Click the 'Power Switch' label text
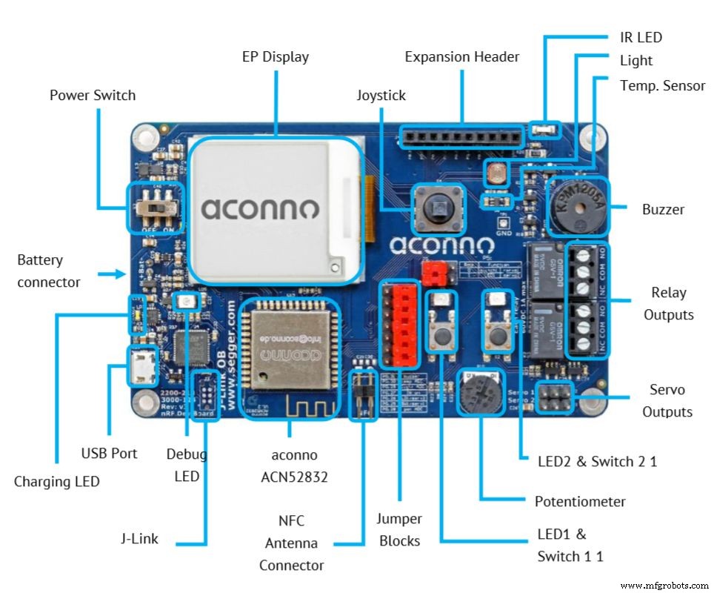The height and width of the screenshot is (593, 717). coord(93,96)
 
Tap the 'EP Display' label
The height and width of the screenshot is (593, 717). coord(275,56)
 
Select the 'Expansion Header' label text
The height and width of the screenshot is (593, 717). coord(461,57)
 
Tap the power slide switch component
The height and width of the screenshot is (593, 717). coord(153,207)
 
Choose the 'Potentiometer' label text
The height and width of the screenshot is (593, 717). coord(580,502)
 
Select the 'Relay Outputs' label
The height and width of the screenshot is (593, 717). coord(668,303)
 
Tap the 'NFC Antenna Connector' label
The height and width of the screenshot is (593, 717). coord(291,543)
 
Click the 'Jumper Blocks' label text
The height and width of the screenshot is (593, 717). coord(399,530)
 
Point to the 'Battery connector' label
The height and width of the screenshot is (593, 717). coord(48,271)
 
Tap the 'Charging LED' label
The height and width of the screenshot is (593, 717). coord(56,482)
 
